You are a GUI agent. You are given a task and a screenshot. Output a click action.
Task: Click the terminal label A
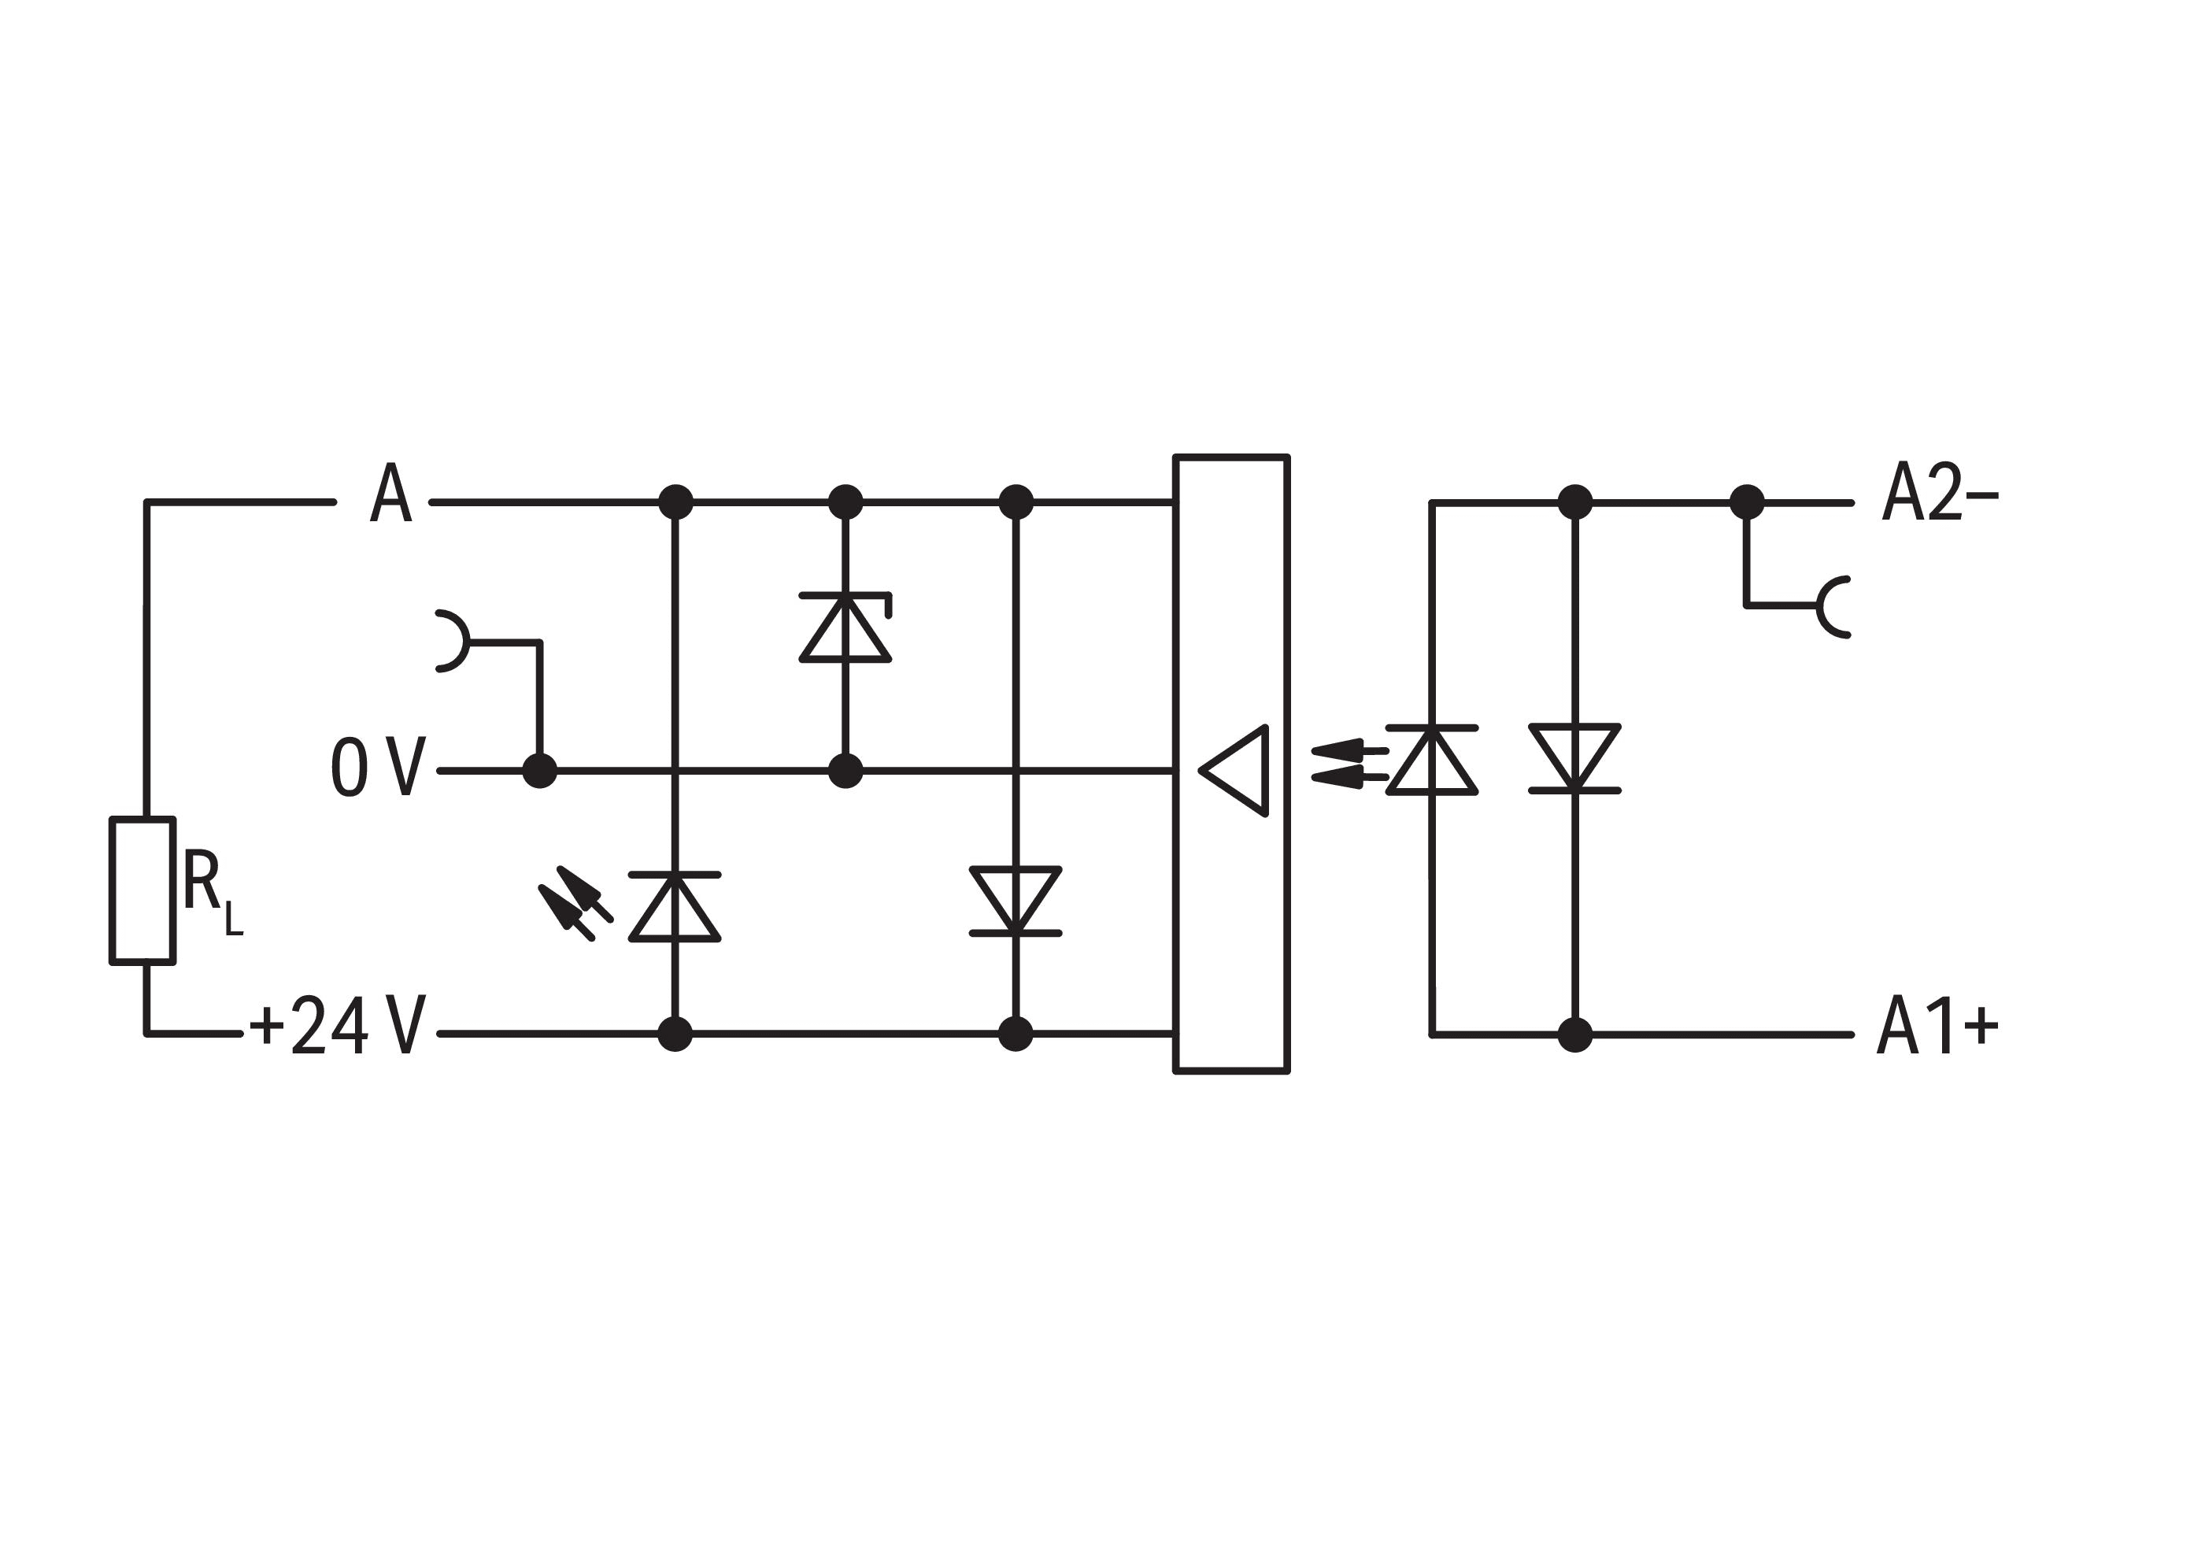(390, 491)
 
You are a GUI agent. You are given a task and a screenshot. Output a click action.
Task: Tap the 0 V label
(377, 768)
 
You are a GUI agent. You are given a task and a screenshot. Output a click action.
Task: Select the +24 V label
(337, 1025)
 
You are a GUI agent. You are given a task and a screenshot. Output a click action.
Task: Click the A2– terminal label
(1938, 491)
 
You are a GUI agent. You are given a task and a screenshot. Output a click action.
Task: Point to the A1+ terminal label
(1937, 1027)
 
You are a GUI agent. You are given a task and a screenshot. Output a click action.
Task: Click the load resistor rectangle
(142, 890)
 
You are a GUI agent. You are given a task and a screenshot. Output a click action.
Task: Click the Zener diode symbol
(845, 627)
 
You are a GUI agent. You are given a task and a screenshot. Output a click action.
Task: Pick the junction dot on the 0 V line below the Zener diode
(845, 771)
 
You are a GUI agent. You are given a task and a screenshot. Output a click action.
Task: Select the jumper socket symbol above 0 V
(452, 642)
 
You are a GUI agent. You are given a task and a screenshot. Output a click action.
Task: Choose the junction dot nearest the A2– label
(1747, 502)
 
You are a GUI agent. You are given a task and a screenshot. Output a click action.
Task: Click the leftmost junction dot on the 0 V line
(539, 771)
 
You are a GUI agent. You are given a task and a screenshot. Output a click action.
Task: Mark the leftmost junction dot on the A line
(675, 502)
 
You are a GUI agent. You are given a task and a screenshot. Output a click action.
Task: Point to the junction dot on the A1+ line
(1574, 1035)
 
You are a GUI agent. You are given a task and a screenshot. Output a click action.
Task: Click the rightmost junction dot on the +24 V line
(1016, 1034)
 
